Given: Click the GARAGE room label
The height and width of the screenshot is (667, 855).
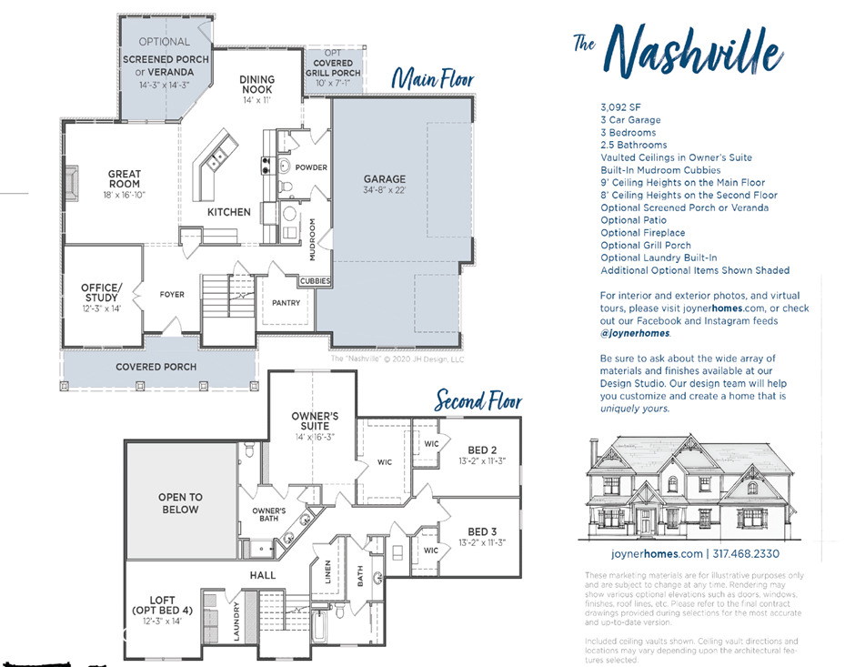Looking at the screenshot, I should click(x=384, y=179).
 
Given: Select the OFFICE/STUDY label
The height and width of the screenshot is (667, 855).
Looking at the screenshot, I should click(x=100, y=293).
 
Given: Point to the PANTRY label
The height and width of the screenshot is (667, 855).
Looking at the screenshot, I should click(x=286, y=303).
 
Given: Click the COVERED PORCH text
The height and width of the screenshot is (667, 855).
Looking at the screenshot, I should click(x=156, y=367).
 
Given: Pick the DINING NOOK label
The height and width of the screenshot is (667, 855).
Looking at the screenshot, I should click(x=257, y=85).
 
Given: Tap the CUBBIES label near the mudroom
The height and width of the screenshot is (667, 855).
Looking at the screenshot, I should click(x=315, y=281).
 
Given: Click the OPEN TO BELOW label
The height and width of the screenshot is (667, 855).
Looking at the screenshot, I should click(x=180, y=503).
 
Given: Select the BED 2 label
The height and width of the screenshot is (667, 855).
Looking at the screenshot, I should click(x=481, y=450).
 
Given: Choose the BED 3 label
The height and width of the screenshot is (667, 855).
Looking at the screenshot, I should click(x=481, y=531).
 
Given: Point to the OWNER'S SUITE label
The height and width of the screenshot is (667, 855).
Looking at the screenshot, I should click(x=316, y=420).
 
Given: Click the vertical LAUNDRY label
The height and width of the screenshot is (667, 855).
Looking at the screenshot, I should click(x=236, y=622).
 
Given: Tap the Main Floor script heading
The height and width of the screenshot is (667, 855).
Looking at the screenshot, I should click(x=432, y=80).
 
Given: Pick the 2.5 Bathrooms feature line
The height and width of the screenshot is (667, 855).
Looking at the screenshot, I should click(x=633, y=145).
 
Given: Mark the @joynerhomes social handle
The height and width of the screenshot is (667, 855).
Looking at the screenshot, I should click(x=635, y=333).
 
